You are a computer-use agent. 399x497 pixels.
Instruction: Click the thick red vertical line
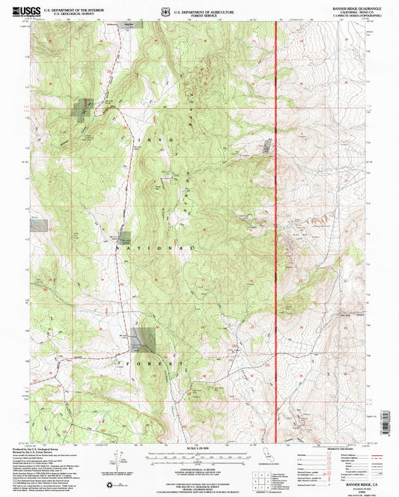277,225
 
